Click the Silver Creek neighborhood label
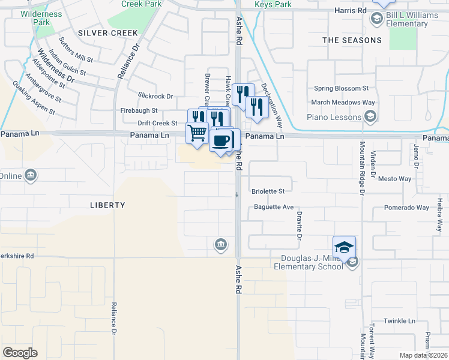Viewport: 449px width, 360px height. (108, 32)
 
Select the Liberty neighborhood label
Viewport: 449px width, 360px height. (107, 205)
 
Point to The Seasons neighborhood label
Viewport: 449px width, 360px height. (352, 40)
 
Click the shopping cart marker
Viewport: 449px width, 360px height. (197, 133)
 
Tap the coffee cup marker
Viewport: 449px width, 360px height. (221, 141)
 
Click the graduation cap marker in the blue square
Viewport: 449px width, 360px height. (345, 247)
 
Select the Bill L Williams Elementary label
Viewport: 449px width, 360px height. (408, 19)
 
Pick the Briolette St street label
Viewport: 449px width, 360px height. (268, 191)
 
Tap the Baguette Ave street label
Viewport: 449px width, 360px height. (273, 207)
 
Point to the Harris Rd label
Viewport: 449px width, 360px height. (351, 11)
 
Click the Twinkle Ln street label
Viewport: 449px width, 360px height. (399, 321)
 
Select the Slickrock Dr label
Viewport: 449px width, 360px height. (155, 96)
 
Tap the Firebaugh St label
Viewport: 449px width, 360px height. (139, 110)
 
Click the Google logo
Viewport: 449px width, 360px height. (20, 353)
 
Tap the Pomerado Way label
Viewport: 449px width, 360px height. (407, 208)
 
